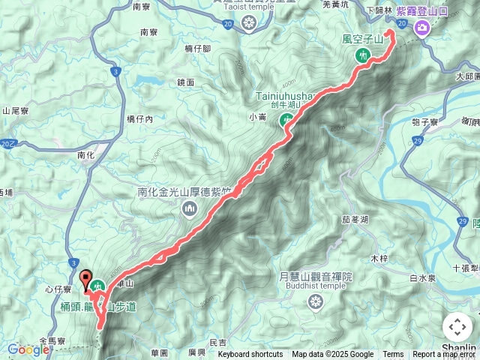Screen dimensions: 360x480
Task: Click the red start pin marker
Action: click(85, 279)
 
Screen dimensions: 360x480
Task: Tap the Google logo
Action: click(28, 349)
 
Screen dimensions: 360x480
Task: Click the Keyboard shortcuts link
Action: click(250, 355)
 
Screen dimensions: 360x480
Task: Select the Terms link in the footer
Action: click(393, 355)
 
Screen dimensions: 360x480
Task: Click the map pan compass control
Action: click(457, 328)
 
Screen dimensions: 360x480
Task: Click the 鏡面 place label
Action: click(186, 82)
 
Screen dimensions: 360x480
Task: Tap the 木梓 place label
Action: click(379, 258)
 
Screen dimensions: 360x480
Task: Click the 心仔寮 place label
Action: click(58, 289)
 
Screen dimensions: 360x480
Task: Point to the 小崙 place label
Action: click(257, 117)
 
